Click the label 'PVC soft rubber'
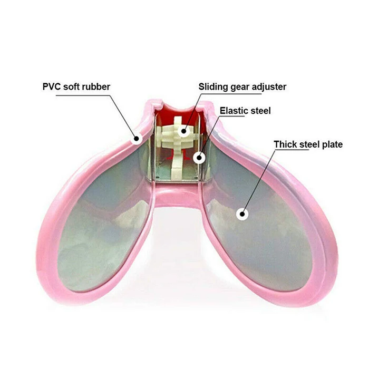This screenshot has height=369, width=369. tap(76, 86)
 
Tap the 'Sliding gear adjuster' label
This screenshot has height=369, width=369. tap(242, 86)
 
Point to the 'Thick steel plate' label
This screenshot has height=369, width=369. tap(308, 144)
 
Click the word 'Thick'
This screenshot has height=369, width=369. tap(286, 144)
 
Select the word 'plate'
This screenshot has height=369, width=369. tap(332, 144)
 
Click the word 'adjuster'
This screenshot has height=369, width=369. tap(268, 86)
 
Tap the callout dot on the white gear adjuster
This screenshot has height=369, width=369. tap(183, 131)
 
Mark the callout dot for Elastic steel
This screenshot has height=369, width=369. tap(199, 157)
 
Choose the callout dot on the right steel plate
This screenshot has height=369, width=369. tap(242, 214)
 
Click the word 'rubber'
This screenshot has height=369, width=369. tap(97, 86)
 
